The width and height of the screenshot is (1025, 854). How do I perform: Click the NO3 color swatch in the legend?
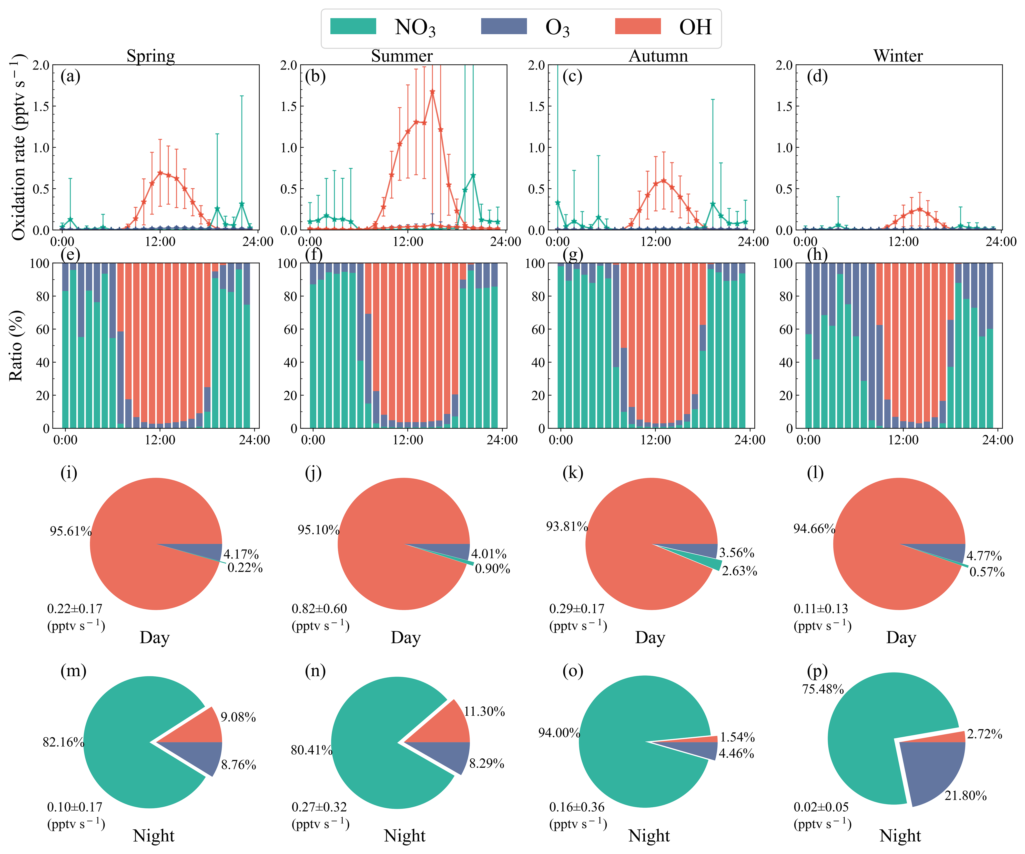pyautogui.click(x=353, y=26)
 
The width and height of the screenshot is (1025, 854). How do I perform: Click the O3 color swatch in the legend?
pyautogui.click(x=504, y=26)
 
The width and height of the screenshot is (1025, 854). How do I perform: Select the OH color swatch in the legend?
pyautogui.click(x=638, y=26)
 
